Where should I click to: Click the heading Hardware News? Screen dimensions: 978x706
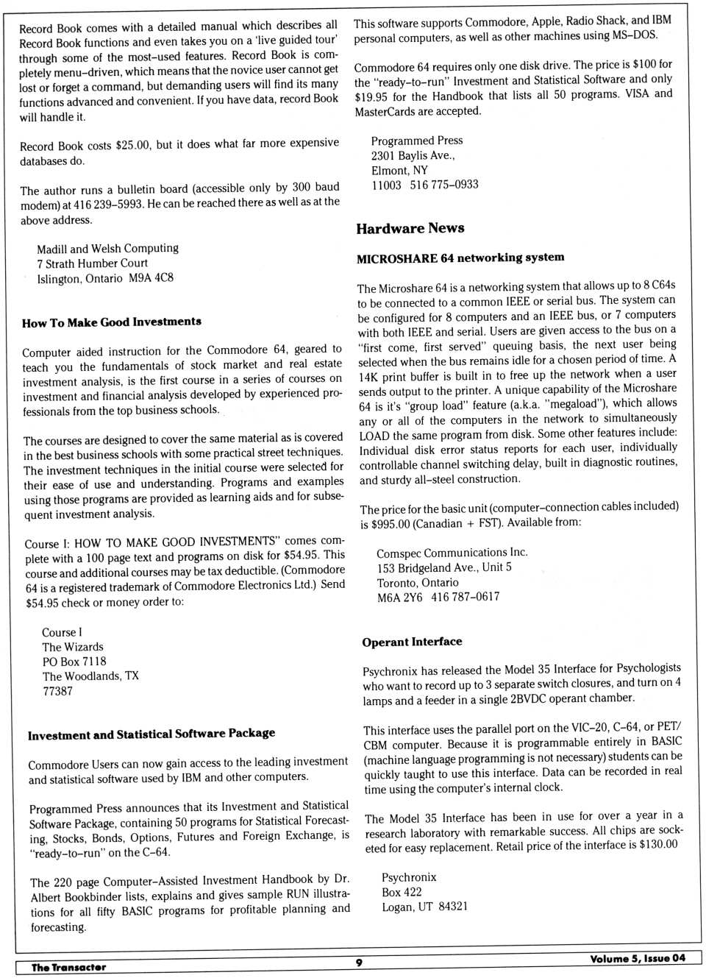pos(410,228)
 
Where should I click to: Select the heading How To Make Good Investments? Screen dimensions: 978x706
pos(111,322)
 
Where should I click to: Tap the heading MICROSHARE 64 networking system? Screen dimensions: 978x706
pos(460,258)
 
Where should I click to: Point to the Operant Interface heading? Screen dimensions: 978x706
pos(412,642)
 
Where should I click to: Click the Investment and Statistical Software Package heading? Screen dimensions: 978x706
pos(151,734)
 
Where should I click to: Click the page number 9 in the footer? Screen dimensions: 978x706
pos(359,963)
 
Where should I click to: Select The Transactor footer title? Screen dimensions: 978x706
pos(68,967)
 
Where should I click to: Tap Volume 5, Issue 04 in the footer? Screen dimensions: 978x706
pos(637,958)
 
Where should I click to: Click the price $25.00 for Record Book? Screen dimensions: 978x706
pos(132,145)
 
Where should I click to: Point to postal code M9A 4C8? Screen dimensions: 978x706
pos(151,278)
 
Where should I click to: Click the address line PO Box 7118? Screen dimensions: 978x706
pos(74,662)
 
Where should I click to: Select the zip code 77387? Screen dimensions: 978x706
pos(57,691)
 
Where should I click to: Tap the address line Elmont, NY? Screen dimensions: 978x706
pos(399,170)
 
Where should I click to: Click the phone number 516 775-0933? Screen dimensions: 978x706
pos(444,185)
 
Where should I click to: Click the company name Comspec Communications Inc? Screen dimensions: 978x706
pos(452,553)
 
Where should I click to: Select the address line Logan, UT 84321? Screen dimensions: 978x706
pos(424,907)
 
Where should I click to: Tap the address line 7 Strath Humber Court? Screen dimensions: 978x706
pos(92,263)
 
